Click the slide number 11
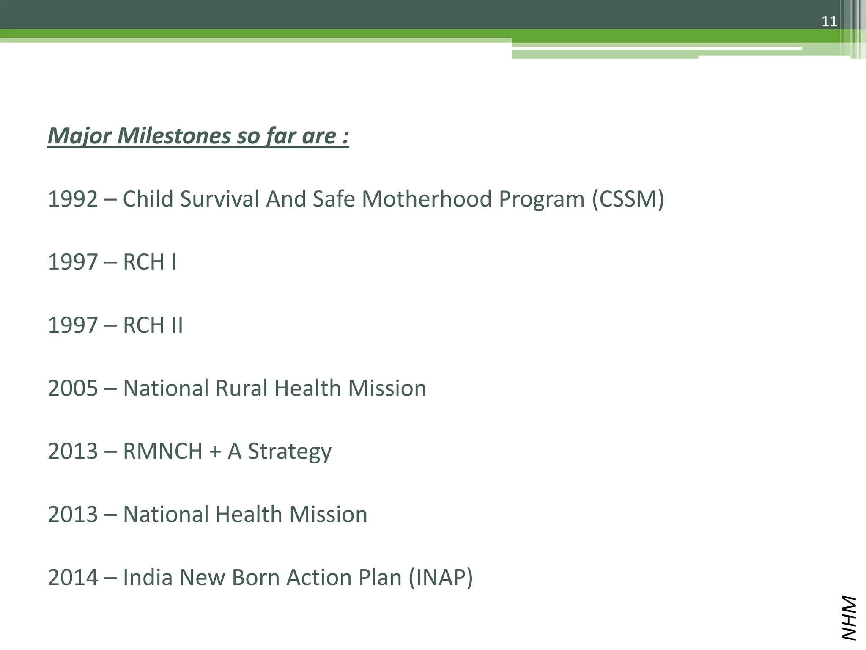[x=829, y=21]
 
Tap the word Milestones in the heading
[x=174, y=136]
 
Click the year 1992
[x=73, y=199]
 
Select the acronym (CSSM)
[x=628, y=199]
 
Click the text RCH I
[x=150, y=262]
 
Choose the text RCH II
[x=153, y=325]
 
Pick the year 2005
[x=73, y=388]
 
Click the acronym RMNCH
[x=163, y=451]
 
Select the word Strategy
[x=290, y=452]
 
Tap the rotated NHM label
[x=849, y=618]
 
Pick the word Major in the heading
[x=79, y=136]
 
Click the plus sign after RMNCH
[x=215, y=452]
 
